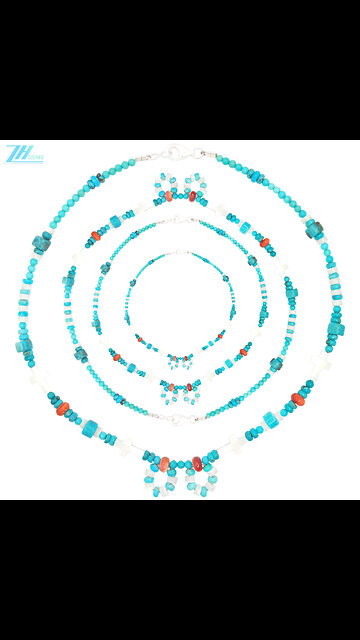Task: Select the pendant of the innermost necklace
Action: pos(180,357)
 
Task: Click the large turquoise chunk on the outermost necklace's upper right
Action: pos(316,228)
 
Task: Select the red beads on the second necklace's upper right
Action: pos(263,242)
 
